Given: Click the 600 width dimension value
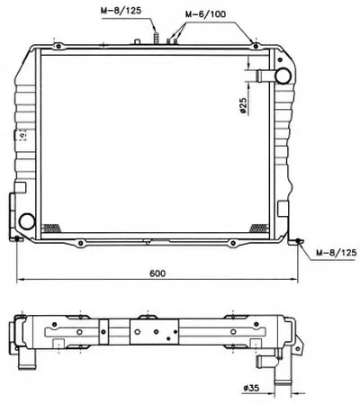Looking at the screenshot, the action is (x=157, y=274).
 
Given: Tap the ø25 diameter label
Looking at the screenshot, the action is (x=243, y=106).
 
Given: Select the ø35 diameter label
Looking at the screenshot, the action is (x=251, y=388).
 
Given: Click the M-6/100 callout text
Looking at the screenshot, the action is (x=205, y=14).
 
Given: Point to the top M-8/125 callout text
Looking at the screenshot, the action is (x=121, y=11).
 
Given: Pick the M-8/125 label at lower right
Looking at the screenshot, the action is (x=337, y=253).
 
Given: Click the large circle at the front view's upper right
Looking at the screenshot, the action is (x=283, y=76).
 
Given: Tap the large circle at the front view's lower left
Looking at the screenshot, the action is (x=27, y=221).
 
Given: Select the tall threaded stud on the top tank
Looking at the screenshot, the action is (x=156, y=39).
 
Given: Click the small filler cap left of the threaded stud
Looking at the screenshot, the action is (x=137, y=41).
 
